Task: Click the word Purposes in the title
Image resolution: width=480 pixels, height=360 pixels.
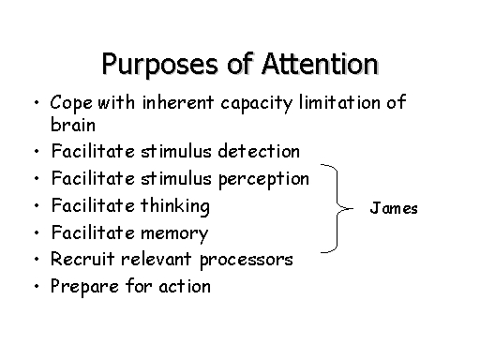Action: (159, 65)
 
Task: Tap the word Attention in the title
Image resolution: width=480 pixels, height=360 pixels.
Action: (321, 64)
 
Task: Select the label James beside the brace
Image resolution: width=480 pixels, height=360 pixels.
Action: (394, 208)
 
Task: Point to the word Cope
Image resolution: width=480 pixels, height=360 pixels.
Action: (71, 102)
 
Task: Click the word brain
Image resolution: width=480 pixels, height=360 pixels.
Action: (73, 125)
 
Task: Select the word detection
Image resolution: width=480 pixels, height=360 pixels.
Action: (259, 151)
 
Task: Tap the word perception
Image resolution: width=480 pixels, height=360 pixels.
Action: (263, 180)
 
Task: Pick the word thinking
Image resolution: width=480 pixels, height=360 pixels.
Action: (175, 206)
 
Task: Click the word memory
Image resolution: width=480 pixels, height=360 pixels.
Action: (174, 233)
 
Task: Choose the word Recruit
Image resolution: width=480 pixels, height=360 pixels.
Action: (82, 259)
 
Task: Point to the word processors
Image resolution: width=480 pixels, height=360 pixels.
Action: (247, 261)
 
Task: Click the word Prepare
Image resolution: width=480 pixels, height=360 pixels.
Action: (84, 287)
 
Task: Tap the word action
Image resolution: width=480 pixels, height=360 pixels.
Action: (185, 286)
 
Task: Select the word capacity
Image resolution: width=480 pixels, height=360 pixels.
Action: (257, 103)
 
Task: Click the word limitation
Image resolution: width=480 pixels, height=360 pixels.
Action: (339, 102)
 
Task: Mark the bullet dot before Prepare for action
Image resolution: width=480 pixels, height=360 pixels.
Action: (37, 286)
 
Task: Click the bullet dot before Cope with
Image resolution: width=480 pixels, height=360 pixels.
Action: (37, 102)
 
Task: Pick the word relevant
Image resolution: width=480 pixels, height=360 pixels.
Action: (157, 259)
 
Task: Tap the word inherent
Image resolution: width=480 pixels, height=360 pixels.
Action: (178, 102)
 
